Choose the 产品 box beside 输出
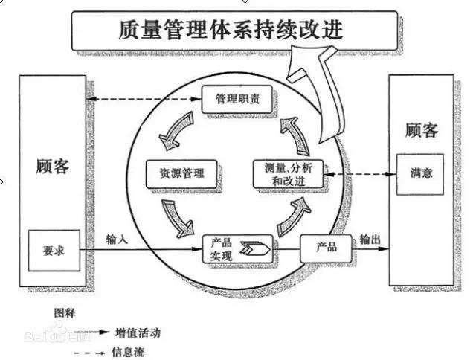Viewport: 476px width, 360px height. click(326, 248)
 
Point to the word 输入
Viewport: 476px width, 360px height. click(117, 240)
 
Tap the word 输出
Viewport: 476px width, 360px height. click(370, 239)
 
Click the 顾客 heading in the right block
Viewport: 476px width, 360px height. click(421, 131)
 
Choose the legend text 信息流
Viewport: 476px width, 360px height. click(129, 350)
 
